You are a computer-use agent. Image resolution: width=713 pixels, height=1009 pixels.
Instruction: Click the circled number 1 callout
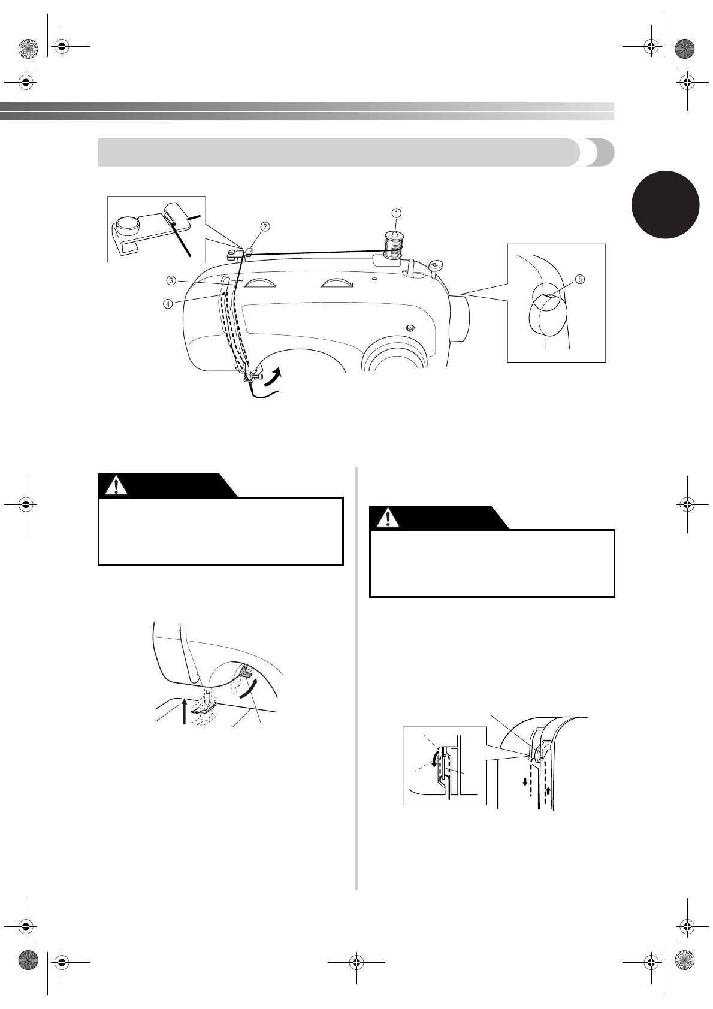point(396,213)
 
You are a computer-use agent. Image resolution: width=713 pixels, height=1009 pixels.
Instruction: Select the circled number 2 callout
point(264,226)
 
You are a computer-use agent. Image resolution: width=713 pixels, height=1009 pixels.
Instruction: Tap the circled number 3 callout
point(171,280)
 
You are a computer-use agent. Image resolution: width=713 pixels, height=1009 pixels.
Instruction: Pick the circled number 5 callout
point(579,279)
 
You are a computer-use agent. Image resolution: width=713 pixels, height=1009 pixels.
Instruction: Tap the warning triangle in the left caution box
point(116,485)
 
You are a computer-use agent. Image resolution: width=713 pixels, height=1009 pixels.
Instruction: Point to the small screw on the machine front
point(410,327)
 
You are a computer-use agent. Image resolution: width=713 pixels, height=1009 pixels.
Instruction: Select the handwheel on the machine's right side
point(460,318)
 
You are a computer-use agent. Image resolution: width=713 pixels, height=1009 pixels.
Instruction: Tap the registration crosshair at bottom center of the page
point(356,962)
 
